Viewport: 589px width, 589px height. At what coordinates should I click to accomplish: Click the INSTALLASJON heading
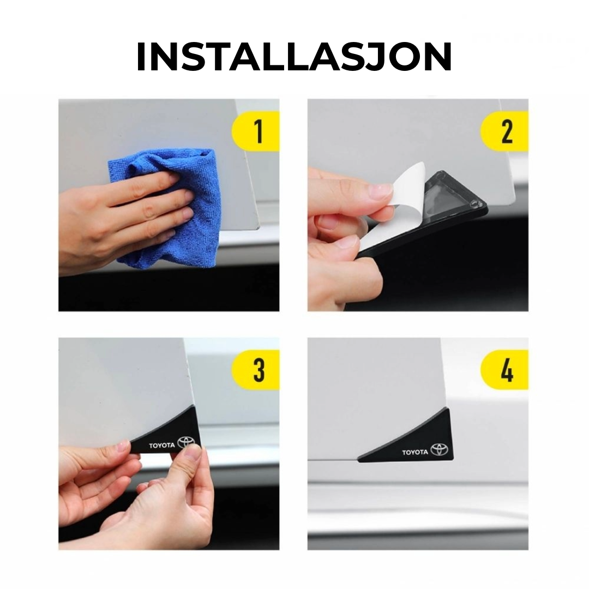pyautogui.click(x=294, y=57)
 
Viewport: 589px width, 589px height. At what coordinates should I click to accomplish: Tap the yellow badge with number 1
pyautogui.click(x=256, y=131)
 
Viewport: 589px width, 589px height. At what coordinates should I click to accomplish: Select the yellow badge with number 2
pyautogui.click(x=504, y=131)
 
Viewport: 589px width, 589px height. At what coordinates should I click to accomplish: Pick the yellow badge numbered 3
pyautogui.click(x=256, y=370)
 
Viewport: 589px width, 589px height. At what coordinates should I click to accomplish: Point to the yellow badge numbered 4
pyautogui.click(x=504, y=370)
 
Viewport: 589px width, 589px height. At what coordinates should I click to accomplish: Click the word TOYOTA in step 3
pyautogui.click(x=162, y=446)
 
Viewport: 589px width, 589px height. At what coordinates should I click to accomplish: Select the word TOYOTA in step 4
pyautogui.click(x=415, y=452)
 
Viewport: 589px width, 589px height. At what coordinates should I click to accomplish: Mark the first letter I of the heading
pyautogui.click(x=141, y=57)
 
